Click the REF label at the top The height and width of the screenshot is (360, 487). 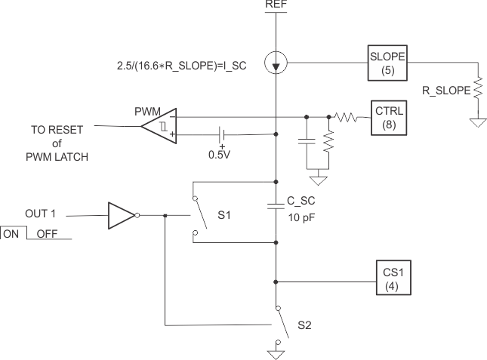coord(276,5)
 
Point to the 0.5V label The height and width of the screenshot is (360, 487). coord(219,155)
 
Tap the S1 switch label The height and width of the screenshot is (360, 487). coord(224,216)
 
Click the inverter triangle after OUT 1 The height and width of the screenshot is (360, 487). coord(122,214)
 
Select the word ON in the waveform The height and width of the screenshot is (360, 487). coord(12,234)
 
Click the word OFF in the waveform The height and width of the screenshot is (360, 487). coord(47,234)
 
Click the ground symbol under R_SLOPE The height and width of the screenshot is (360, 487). coord(476,122)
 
